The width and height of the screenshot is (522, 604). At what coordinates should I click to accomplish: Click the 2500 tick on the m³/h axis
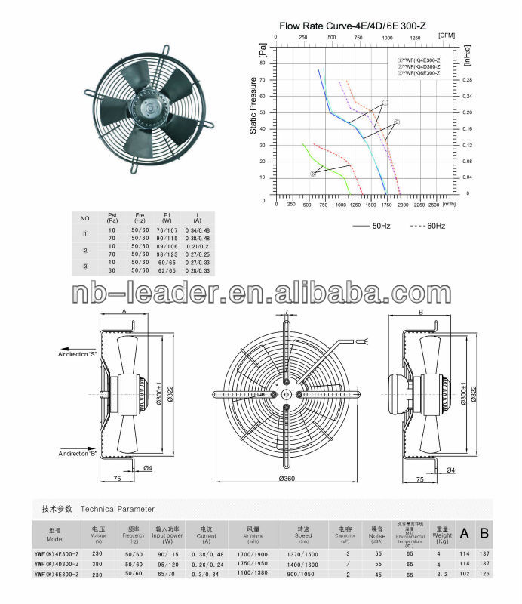tap(433, 205)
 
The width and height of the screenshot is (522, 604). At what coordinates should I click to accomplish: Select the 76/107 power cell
tap(165, 229)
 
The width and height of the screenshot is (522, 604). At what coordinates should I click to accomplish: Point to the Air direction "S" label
tap(78, 353)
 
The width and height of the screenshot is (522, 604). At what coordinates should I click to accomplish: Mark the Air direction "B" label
tap(78, 454)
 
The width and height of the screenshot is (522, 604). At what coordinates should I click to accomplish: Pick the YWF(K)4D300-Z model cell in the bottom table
tap(58, 564)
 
